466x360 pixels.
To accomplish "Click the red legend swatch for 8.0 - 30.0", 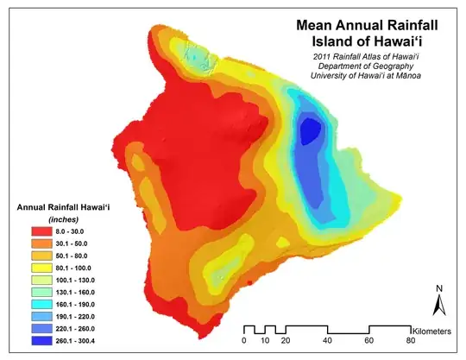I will pyautogui.click(x=43, y=231).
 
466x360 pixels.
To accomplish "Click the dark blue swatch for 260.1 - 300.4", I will pyautogui.click(x=43, y=341).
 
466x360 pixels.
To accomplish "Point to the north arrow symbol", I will pyautogui.click(x=438, y=305).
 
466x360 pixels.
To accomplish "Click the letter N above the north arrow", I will pyautogui.click(x=438, y=288).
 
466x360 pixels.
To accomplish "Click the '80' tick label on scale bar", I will pyautogui.click(x=411, y=342).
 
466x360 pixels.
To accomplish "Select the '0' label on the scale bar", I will pyautogui.click(x=244, y=342).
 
